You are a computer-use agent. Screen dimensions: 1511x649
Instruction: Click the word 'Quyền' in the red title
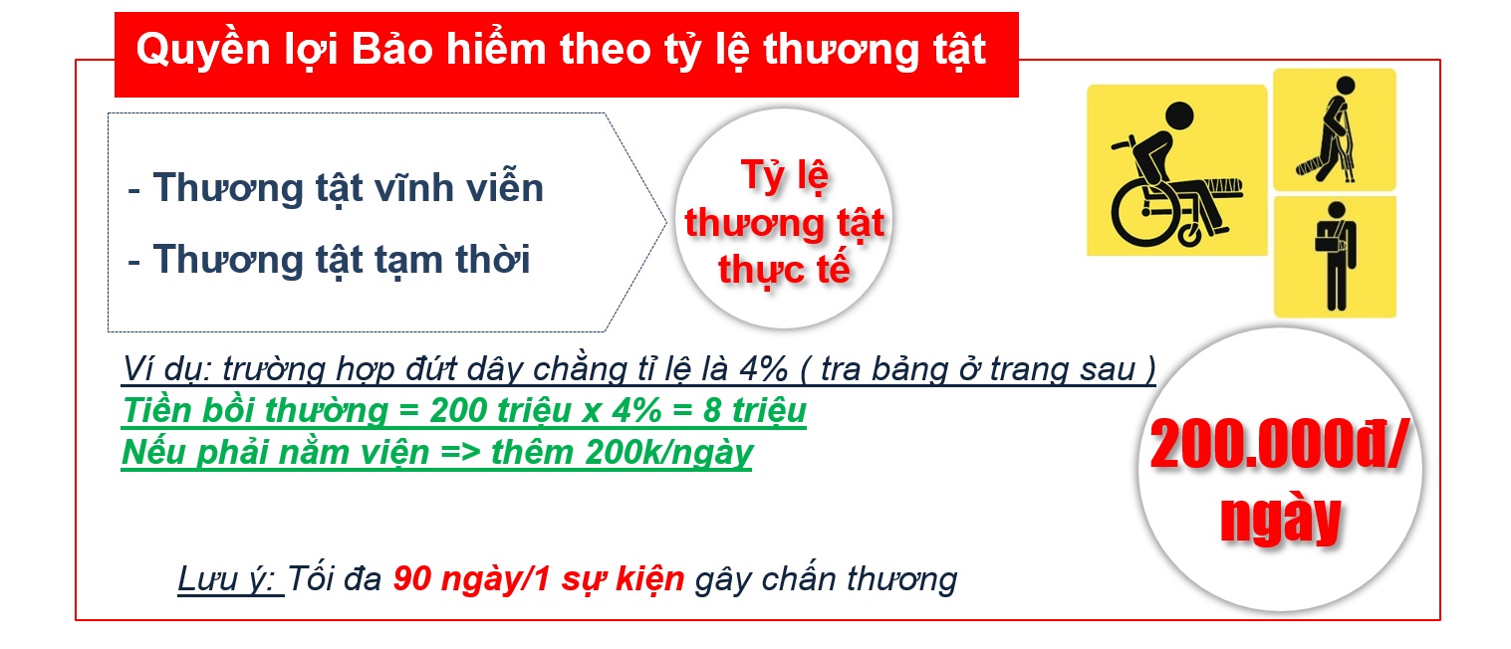203,51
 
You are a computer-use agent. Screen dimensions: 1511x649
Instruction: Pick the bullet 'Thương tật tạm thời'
342,260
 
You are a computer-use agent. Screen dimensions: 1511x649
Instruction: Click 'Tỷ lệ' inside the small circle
785,176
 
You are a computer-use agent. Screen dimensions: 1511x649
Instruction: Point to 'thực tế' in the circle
784,271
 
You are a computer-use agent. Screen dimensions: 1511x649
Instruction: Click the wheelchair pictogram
1176,170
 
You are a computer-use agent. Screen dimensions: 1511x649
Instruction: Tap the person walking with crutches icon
1335,128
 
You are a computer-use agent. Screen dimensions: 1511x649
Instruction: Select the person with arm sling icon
1335,257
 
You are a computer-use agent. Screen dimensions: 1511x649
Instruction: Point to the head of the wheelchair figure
1178,115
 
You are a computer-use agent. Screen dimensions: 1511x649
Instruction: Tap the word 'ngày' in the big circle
1280,520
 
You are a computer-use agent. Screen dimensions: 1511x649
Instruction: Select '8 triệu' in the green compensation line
755,410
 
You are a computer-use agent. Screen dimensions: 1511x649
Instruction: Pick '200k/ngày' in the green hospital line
669,452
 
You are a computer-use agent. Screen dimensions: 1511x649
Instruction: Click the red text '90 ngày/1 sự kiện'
538,579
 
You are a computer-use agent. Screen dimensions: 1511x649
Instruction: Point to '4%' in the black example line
764,369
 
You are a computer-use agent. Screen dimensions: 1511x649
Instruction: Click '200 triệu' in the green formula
501,410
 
